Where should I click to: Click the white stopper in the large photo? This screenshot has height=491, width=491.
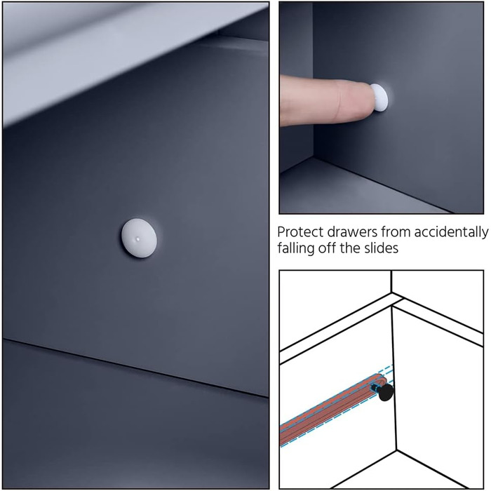tap(139, 238)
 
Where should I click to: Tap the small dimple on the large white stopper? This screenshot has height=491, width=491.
tap(137, 239)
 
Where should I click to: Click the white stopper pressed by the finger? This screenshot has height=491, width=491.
tap(379, 97)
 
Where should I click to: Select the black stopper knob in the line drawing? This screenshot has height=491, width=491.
tap(386, 392)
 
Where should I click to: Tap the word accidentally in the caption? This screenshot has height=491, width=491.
tap(451, 233)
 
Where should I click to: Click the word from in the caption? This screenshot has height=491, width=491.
tap(396, 232)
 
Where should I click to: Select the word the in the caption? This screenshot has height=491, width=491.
tap(351, 248)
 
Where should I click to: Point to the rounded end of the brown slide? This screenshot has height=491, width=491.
tap(384, 378)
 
